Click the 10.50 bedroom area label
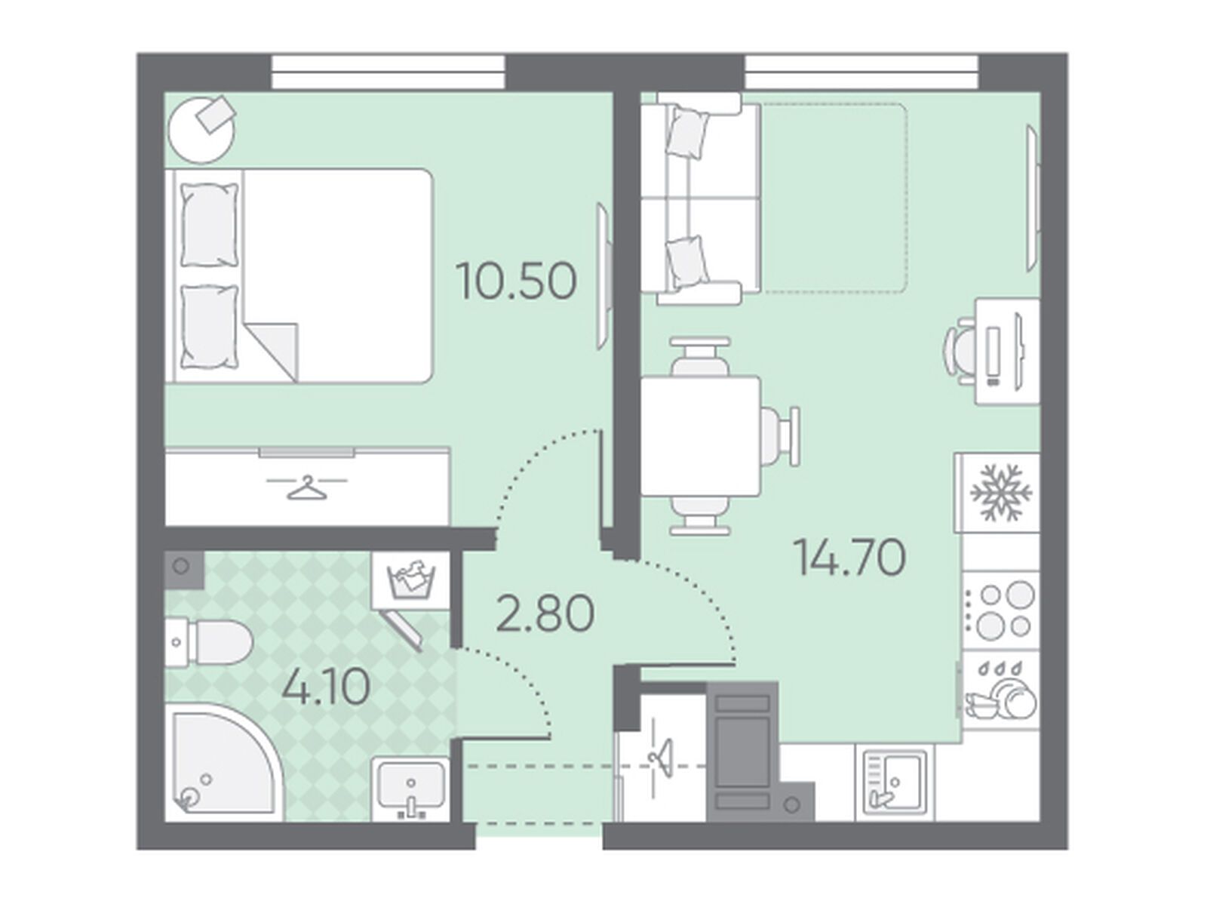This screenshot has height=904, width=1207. tap(516, 281)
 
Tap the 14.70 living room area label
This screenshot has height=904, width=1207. tap(849, 557)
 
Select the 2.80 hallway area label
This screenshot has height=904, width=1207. tap(545, 613)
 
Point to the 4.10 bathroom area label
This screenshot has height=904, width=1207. tap(326, 687)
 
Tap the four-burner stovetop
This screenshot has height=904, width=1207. tap(1000, 610)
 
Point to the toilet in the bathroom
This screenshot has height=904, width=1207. tap(208, 641)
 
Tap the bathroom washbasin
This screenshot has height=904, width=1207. tap(411, 789)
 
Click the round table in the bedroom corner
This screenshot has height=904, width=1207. tap(202, 130)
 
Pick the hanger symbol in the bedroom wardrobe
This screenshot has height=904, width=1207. tap(307, 487)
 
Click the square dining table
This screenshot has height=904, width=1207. tap(701, 436)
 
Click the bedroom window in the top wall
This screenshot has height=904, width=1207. tap(389, 72)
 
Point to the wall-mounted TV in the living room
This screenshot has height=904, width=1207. tap(1033, 198)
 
